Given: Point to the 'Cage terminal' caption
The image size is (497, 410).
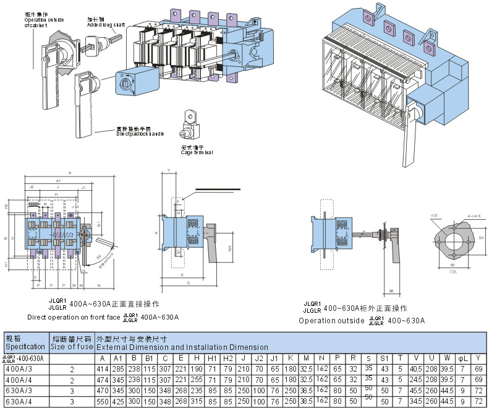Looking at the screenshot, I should click(x=197, y=151).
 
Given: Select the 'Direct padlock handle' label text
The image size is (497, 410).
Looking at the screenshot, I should click(x=140, y=133).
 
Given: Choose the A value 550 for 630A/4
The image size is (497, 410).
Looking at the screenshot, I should click(x=102, y=402).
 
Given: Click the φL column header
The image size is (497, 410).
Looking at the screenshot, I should click(x=461, y=359).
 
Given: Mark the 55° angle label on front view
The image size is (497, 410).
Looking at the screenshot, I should click(x=99, y=255).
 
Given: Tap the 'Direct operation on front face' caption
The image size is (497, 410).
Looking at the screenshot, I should click(x=74, y=317).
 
